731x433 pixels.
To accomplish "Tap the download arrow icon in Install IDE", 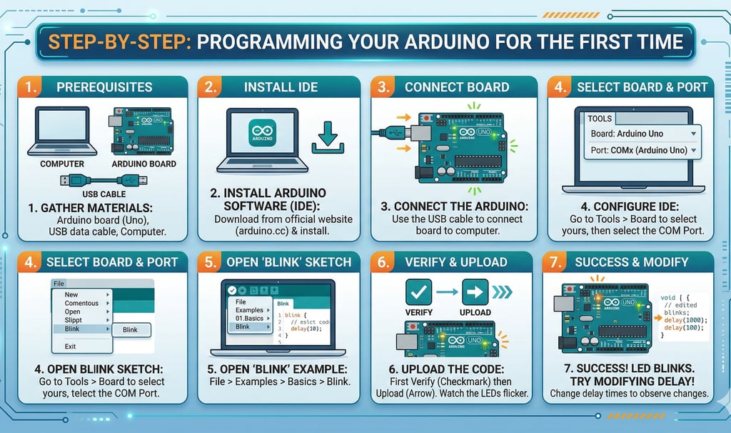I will [x=329, y=136].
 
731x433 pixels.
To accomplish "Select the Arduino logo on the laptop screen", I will [x=262, y=134].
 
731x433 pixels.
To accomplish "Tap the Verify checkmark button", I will [x=419, y=292].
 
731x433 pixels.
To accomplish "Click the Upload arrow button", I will [x=475, y=292].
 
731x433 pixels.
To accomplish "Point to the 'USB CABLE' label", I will [x=104, y=194].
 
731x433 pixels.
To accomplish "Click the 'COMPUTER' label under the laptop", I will [x=61, y=164].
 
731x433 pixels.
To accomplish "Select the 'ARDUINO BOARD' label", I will [x=144, y=164].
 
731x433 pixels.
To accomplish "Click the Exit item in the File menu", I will [x=70, y=347].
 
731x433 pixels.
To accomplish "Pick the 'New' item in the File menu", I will [x=71, y=294].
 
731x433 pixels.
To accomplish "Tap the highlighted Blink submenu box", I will [x=130, y=329].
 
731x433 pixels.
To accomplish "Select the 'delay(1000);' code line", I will [x=685, y=320].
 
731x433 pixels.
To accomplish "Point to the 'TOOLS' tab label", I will [x=600, y=119].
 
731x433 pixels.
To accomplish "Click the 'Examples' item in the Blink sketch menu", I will [x=249, y=310].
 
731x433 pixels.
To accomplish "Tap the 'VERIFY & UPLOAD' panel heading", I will [x=457, y=262].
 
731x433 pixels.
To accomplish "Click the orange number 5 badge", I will [x=211, y=262].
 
